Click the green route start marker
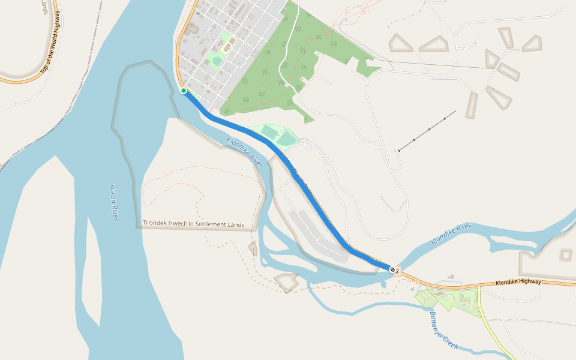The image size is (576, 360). point(184,91)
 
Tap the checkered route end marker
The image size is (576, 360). point(392,270)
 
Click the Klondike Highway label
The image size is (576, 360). point(518,282)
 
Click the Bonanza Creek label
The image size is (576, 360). point(444,331)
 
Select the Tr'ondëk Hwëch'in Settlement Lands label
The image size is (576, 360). point(193,224)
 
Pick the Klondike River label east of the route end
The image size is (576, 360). point(451,235)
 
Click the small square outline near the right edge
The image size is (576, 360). point(566,255)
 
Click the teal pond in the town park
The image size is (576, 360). point(217,60)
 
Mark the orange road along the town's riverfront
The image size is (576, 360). point(179,54)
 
